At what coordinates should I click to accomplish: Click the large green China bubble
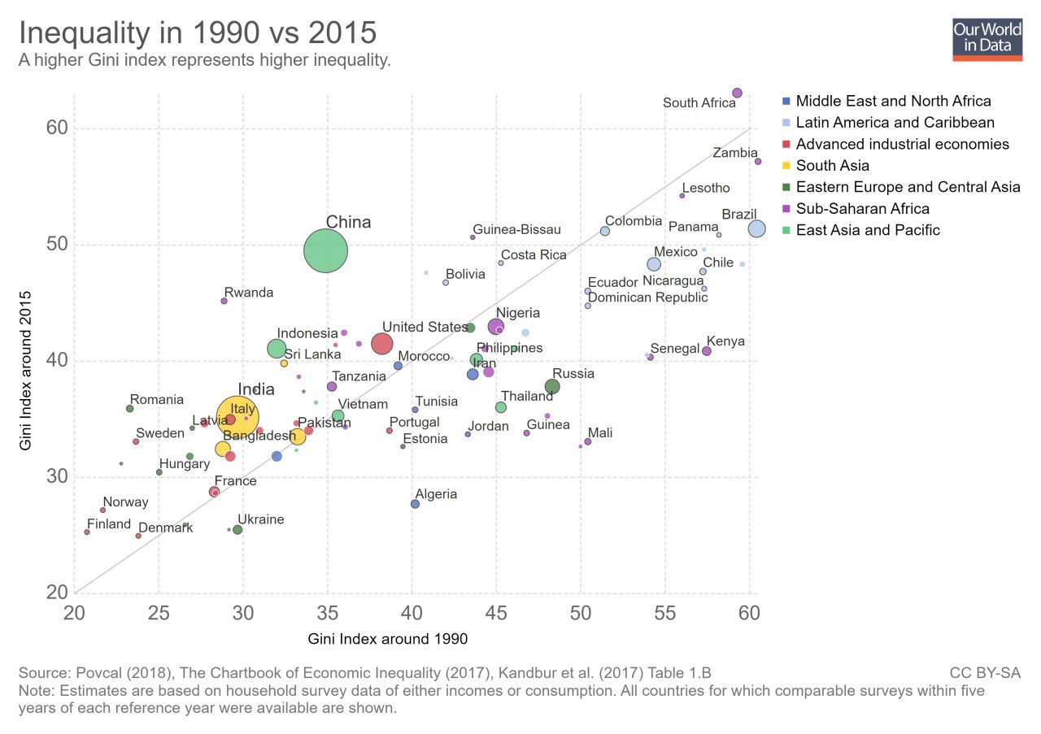coord(326,251)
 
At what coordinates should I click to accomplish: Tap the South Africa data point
coord(737,93)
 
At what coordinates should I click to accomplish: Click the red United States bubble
coord(382,344)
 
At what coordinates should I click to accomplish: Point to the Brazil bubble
coord(756,229)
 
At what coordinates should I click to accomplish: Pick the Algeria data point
coord(415,504)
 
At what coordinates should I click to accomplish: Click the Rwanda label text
coord(249,293)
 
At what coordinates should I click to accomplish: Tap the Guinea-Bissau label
coord(516,230)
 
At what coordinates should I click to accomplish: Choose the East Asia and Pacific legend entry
coord(868,230)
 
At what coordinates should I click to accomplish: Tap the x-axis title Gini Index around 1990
coord(388,640)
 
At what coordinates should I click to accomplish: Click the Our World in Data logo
coord(987,38)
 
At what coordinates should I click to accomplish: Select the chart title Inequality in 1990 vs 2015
coord(198,33)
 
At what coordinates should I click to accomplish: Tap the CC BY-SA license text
coord(985,673)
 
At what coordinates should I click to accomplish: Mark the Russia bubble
coord(552,387)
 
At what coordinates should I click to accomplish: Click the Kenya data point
coord(707,351)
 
